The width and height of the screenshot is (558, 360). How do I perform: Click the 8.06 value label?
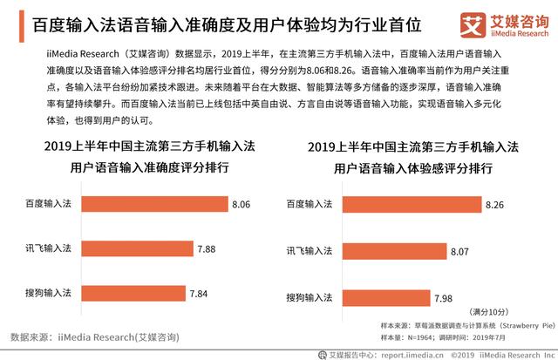point(242,205)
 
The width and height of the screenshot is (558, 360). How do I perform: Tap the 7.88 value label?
point(207,248)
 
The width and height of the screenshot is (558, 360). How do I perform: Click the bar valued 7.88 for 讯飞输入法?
point(136,248)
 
